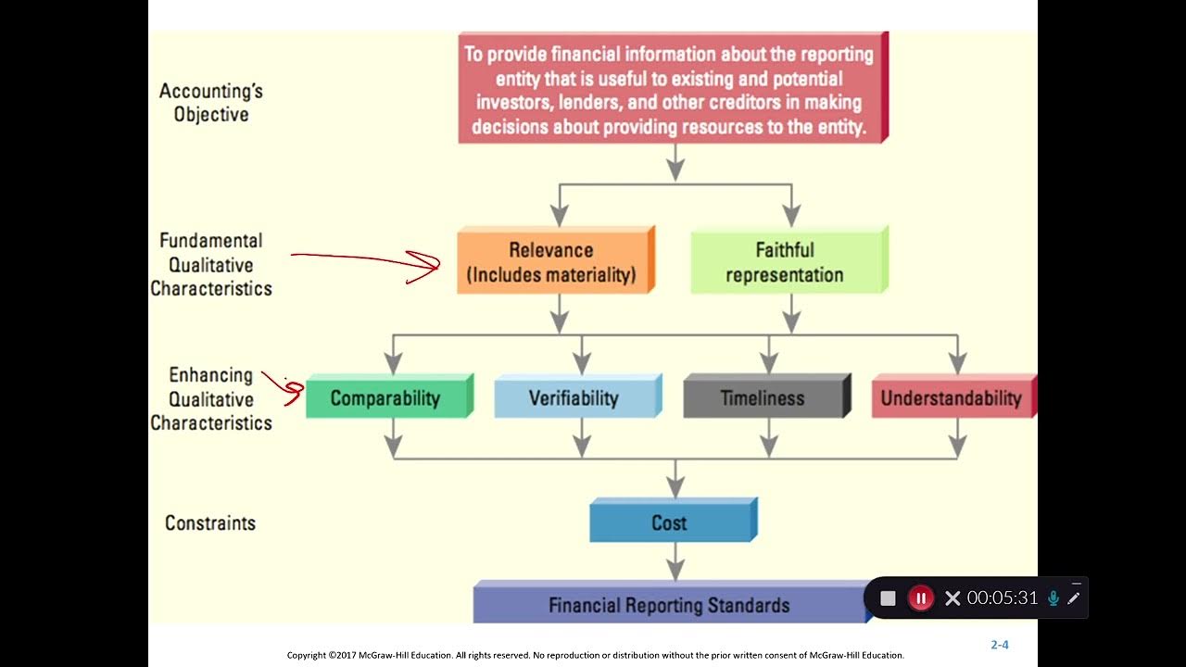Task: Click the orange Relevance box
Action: [553, 262]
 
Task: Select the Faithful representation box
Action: [786, 262]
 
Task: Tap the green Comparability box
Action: [385, 398]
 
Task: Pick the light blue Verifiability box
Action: [574, 398]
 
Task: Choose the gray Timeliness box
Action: [763, 398]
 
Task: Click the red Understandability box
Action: [951, 398]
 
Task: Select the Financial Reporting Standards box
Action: [669, 605]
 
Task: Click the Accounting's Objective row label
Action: [211, 103]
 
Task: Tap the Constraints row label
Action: [210, 523]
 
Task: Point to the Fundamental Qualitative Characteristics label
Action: [211, 264]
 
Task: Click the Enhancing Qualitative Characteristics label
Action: [211, 399]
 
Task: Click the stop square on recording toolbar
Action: [888, 598]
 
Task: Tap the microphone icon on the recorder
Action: [1054, 598]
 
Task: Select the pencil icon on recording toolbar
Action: [1074, 598]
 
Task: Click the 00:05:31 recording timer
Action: [1003, 598]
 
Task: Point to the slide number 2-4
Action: [1000, 645]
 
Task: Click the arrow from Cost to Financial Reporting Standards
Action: [676, 561]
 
